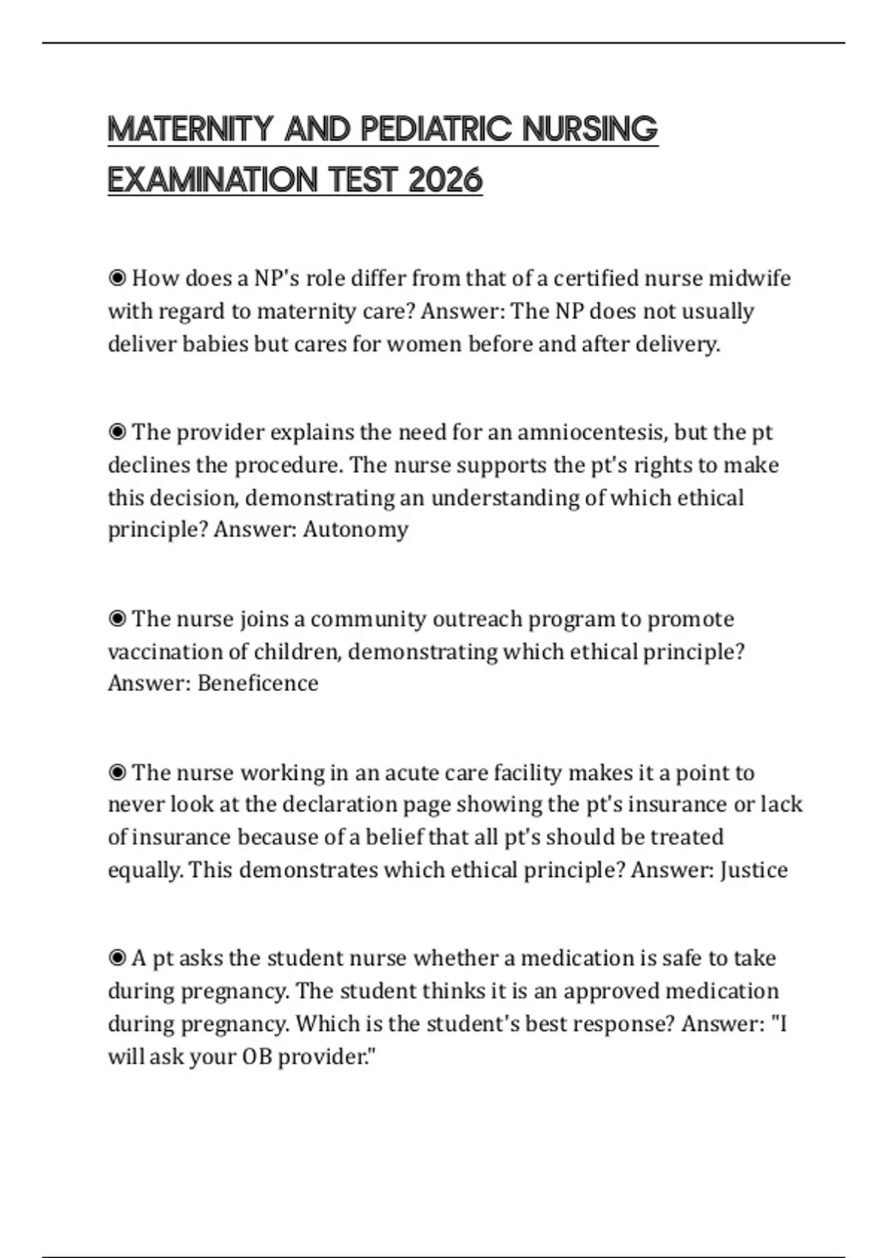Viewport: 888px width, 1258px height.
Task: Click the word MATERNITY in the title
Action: pos(190,129)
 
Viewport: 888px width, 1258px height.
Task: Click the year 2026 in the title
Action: pos(445,180)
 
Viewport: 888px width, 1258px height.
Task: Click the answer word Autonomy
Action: pos(355,530)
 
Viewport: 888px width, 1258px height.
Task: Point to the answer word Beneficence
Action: pos(258,683)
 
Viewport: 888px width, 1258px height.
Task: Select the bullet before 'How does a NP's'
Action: pos(117,278)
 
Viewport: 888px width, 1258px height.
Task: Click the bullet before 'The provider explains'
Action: pos(117,432)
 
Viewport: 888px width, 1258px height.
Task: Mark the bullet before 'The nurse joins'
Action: pos(117,619)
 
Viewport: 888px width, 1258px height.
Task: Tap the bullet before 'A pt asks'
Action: pos(117,958)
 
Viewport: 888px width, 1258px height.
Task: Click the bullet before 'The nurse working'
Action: pos(117,773)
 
